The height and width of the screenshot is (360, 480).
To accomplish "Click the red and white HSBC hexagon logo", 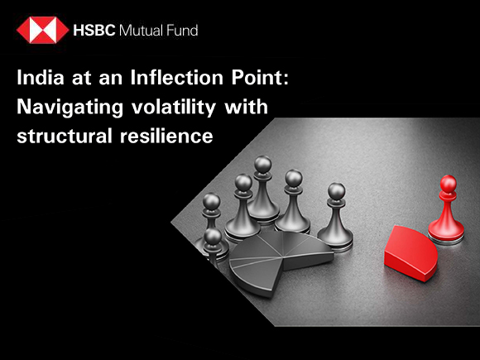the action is point(42,30).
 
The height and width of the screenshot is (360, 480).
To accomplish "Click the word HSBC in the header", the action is point(94,31).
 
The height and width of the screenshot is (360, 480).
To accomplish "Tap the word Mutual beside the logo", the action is point(141,31).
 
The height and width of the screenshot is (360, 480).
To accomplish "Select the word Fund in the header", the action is point(182,31).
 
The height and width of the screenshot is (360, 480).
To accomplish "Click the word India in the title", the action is point(41,78).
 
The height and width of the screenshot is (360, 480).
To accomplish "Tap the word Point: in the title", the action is point(260,78).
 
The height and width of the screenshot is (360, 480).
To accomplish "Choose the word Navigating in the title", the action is point(70,108).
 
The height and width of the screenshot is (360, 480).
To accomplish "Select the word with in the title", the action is point(246,106).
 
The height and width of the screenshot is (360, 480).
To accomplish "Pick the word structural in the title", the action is point(65,136).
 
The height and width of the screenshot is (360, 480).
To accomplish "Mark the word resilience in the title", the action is point(166,136).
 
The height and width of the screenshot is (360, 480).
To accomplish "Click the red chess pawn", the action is point(446,209).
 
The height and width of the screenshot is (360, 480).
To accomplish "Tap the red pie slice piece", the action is point(410,253).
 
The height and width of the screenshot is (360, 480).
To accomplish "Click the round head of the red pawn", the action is point(449,184).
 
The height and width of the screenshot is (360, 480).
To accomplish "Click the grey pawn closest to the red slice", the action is point(336,216).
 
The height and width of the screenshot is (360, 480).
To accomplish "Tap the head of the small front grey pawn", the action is point(213,237).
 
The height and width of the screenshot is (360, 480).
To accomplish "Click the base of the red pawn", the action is point(446,233).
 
